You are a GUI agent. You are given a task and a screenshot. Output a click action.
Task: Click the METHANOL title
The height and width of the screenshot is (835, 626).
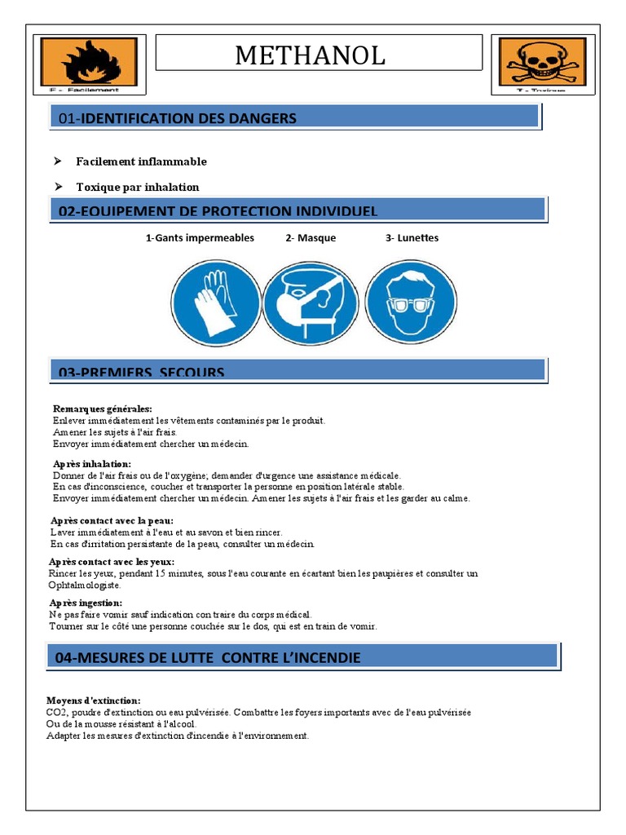[310, 55]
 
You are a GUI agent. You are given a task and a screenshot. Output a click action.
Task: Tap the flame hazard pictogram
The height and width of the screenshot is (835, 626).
[90, 62]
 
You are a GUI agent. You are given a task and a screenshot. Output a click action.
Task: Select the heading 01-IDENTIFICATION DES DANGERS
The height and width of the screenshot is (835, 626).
[178, 118]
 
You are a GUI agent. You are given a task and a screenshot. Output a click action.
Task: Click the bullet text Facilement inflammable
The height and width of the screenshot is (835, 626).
[141, 161]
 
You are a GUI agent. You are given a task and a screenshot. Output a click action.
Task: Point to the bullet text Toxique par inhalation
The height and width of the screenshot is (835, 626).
[137, 187]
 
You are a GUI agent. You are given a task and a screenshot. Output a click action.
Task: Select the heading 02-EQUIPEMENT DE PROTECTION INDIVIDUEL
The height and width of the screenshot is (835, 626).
[218, 211]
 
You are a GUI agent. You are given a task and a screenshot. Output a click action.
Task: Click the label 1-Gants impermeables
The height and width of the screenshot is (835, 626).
[200, 238]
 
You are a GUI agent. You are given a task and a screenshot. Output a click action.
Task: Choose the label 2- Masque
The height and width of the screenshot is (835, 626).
[311, 238]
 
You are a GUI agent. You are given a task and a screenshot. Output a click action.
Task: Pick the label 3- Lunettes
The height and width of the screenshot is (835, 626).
[412, 238]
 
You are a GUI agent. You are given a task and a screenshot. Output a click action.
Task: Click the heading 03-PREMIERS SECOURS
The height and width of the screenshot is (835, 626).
[142, 372]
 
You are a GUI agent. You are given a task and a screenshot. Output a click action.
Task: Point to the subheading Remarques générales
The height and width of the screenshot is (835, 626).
[102, 409]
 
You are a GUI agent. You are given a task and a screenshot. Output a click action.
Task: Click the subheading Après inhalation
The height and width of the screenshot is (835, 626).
[91, 463]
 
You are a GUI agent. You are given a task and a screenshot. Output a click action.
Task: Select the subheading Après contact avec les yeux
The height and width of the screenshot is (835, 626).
[112, 561]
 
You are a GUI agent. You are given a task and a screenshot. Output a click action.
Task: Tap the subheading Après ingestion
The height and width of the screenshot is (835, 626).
[85, 602]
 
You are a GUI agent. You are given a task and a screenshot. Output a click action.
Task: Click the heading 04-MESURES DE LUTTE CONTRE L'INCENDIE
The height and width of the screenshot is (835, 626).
[208, 657]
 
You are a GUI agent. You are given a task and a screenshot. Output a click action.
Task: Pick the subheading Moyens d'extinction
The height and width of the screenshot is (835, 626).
[94, 700]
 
